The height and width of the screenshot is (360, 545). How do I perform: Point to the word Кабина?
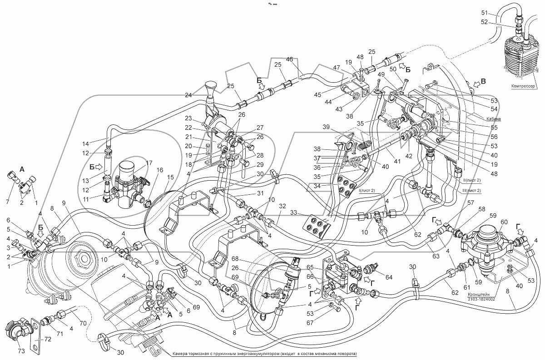[x=493, y=118]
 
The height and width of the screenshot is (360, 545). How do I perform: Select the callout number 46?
[x=289, y=59]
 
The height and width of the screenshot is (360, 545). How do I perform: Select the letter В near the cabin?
[x=484, y=82]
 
